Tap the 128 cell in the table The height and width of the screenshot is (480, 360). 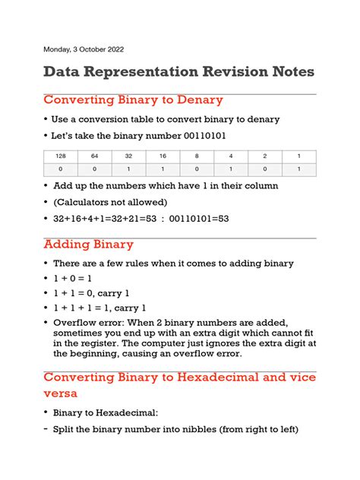[x=59, y=156]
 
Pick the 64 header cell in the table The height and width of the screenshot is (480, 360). [x=94, y=156]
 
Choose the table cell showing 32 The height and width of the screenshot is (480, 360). [x=128, y=156]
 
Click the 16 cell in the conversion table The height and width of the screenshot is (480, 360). [x=163, y=156]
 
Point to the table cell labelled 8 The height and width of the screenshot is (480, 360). [x=197, y=156]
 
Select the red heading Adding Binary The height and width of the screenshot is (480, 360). [x=88, y=245]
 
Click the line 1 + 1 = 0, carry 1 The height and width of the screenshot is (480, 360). [x=91, y=293]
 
